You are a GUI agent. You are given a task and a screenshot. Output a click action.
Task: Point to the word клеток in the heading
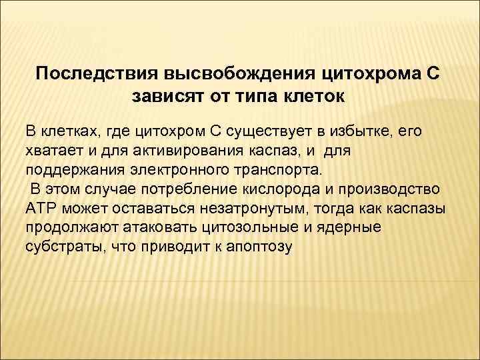point(315,97)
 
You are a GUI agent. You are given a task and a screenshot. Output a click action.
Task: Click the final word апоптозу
point(260,247)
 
